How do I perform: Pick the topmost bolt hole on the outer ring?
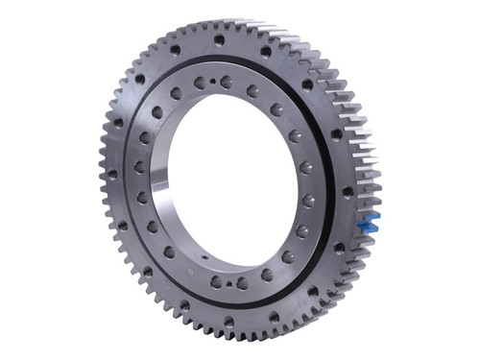pos(220,40)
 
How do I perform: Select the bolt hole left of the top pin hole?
pos(200,84)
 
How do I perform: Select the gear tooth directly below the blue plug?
pos(366,242)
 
